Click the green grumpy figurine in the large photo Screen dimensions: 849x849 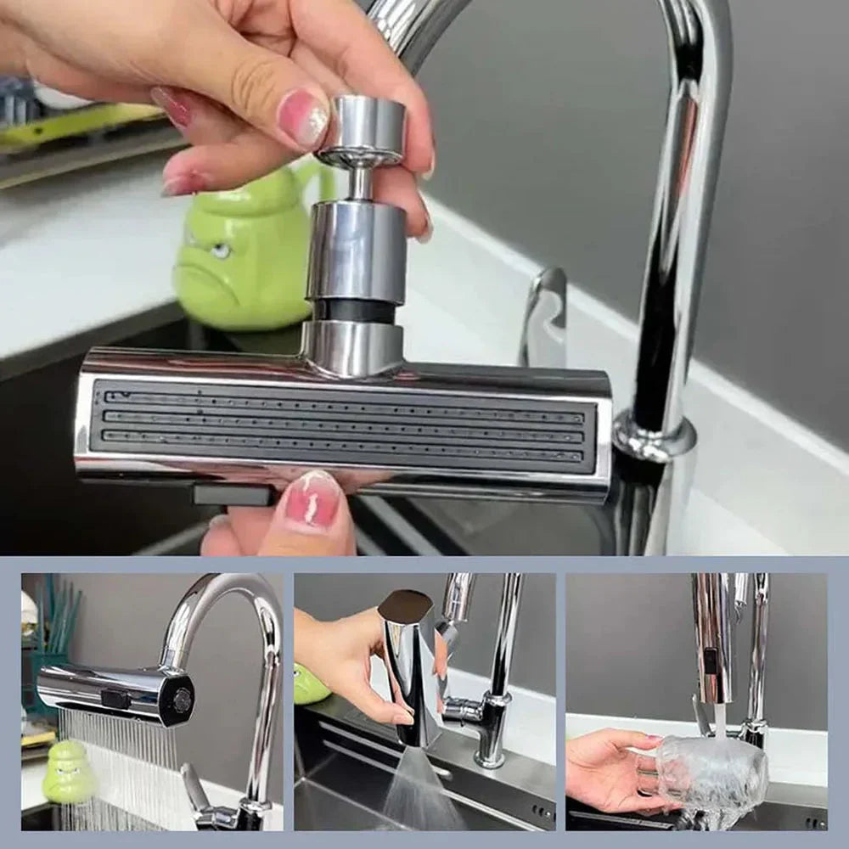click(x=242, y=255)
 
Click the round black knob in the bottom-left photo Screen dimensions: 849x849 click(x=182, y=700)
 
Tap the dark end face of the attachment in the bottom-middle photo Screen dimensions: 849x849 click(x=404, y=604)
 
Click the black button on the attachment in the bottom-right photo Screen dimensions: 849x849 click(x=710, y=662)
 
